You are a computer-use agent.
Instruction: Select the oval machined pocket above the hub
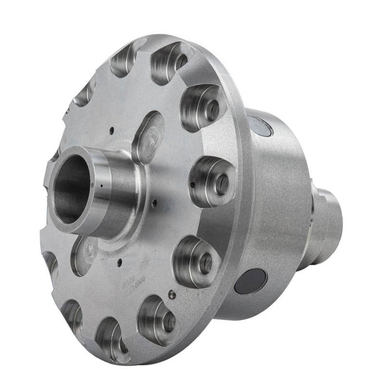tap(147, 136)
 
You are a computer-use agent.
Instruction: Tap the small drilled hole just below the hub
tap(118, 258)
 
